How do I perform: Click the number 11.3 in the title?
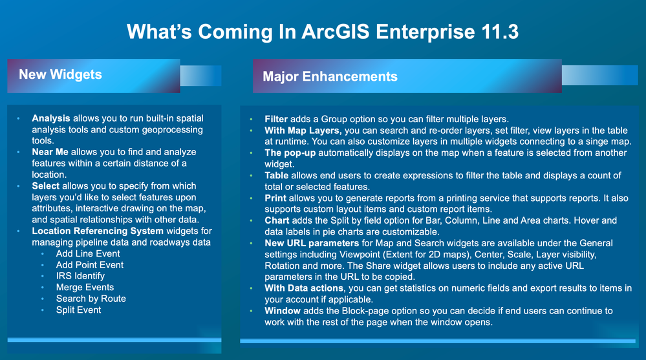coord(499,32)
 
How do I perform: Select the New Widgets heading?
coord(60,74)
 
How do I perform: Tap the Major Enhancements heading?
coord(330,76)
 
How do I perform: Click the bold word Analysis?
coord(51,119)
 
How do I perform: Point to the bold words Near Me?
coord(50,152)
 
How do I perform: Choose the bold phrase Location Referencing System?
coord(98,231)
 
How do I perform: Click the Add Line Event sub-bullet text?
coord(88,254)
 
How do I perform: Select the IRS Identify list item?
coord(80,277)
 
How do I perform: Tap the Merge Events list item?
coord(85,288)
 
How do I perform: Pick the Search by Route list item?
coord(91,299)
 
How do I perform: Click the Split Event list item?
coord(78,310)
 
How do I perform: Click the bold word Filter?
coord(276,119)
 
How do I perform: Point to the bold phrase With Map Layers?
coord(303,131)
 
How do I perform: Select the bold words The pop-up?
coord(290,153)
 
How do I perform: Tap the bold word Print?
coord(275,198)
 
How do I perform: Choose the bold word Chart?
coord(277,220)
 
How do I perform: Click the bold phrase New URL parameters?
coord(312,244)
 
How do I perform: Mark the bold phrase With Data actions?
coord(304,288)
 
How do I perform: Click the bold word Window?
coord(282,311)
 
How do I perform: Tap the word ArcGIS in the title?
coord(336,32)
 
